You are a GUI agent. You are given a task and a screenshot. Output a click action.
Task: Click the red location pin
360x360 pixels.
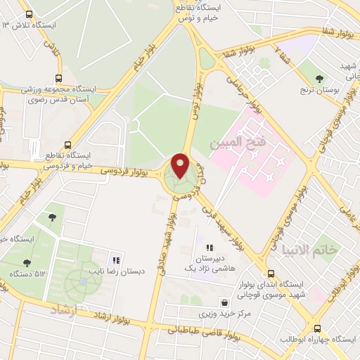pyautogui.click(x=180, y=166)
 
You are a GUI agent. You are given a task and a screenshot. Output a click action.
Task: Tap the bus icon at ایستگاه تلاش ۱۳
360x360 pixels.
pyautogui.click(x=28, y=14)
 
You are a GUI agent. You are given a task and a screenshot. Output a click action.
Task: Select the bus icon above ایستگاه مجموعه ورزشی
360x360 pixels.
pyautogui.click(x=58, y=79)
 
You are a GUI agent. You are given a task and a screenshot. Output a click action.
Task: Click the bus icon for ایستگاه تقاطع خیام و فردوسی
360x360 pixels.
pyautogui.click(x=68, y=142)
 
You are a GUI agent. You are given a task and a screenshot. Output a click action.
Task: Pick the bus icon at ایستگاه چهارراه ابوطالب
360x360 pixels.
pyautogui.click(x=317, y=328)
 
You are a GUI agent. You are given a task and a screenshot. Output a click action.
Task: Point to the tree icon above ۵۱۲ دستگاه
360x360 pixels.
pyautogui.click(x=27, y=263)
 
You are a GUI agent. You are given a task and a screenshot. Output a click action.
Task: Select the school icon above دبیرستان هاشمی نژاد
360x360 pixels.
pyautogui.click(x=209, y=247)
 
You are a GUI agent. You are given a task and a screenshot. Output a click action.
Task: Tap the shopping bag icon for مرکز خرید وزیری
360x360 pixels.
pyautogui.click(x=224, y=303)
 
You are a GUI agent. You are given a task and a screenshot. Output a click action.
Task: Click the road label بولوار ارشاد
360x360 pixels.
pyautogui.click(x=112, y=317)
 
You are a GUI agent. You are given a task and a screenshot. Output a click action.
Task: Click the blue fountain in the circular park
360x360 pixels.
pyautogui.click(x=83, y=281)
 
